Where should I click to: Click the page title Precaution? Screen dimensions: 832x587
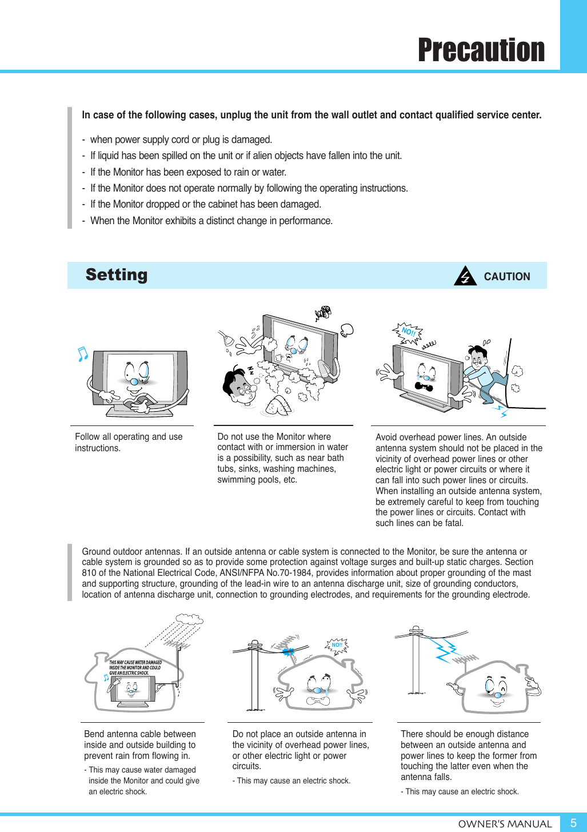(481, 50)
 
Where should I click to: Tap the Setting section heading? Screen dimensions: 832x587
(117, 275)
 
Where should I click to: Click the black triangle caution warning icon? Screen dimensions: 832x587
(465, 276)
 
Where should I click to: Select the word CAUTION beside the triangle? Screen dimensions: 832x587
(506, 277)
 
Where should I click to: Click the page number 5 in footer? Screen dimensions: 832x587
(573, 823)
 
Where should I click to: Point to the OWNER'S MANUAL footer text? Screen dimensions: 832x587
(505, 824)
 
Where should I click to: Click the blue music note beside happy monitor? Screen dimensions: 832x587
(83, 354)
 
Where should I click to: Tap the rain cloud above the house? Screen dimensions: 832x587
(189, 619)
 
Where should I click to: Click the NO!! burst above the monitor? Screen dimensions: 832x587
(408, 332)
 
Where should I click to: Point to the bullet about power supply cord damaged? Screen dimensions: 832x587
(181, 140)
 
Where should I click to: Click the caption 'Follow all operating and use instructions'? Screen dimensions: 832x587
(129, 443)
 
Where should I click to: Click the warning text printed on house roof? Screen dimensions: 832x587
(135, 668)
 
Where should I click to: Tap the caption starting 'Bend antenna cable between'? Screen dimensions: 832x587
(140, 745)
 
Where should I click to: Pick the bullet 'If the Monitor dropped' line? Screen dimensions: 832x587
(205, 204)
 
